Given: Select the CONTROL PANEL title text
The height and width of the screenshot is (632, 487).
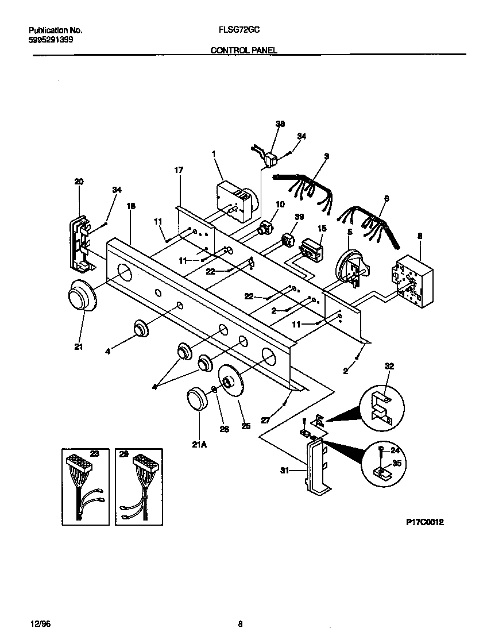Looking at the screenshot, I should coord(244,51).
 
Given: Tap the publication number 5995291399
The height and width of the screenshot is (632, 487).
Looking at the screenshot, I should coord(50,40).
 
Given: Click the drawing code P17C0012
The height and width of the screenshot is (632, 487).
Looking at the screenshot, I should coord(424,522).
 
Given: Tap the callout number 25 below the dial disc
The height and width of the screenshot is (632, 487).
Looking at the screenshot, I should coord(246,427).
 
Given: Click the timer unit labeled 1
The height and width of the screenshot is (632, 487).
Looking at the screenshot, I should coord(235,201).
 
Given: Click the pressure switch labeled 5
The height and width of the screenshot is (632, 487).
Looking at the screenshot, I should coord(350,267).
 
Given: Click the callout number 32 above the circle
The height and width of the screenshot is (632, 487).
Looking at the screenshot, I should coord(390,365).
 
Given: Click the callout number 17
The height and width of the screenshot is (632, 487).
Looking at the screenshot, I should coord(179,170).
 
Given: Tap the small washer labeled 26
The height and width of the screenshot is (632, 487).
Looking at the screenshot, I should coord(214,389).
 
